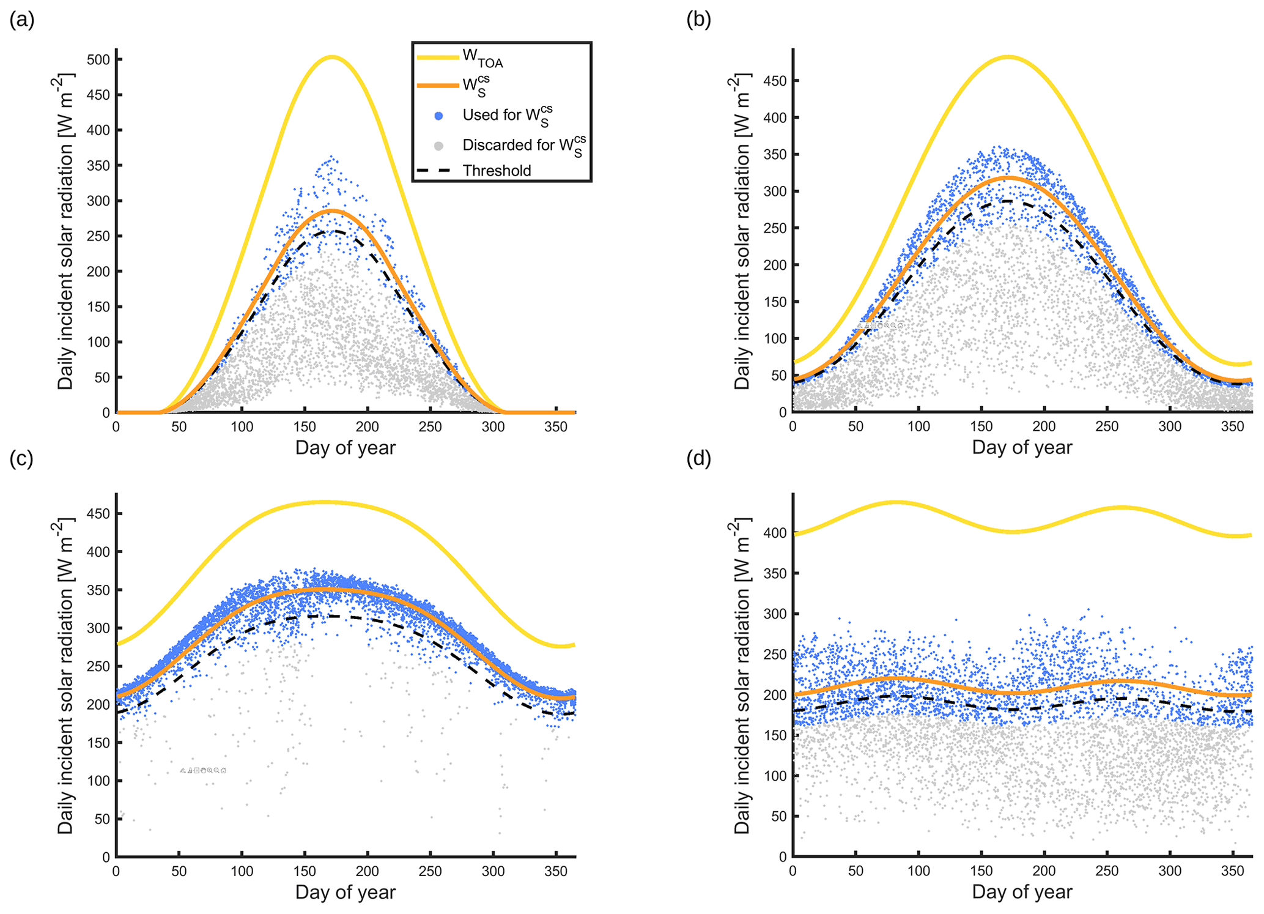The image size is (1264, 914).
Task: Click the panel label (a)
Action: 21,21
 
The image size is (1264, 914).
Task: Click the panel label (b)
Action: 698,21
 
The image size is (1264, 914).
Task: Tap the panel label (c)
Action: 21,459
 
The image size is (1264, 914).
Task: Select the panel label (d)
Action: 698,459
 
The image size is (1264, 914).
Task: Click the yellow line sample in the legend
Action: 437,58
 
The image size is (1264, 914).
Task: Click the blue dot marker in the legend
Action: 438,116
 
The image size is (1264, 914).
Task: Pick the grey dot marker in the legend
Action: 438,146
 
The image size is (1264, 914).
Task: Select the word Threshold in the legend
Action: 497,171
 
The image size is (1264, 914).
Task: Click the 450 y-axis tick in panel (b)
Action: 775,81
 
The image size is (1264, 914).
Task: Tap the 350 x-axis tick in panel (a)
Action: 556,427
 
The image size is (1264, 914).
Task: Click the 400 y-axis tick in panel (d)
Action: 775,533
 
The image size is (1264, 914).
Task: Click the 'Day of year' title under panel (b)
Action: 1022,447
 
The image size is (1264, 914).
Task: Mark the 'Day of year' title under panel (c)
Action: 346,892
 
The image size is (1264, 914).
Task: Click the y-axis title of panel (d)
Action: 742,676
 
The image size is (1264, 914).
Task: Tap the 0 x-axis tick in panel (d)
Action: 793,871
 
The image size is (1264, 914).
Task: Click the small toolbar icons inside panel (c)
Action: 203,770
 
